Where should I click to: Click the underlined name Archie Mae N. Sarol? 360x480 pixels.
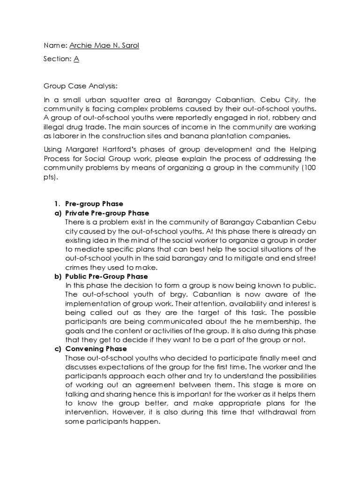click(x=104, y=45)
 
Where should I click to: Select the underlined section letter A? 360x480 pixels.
click(x=76, y=59)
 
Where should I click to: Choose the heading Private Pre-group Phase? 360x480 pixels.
click(x=107, y=213)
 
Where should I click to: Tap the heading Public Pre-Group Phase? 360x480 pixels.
click(x=106, y=277)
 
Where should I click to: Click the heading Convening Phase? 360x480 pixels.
click(x=96, y=349)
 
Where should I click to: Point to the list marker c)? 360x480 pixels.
click(x=58, y=349)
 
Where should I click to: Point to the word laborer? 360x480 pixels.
click(x=64, y=136)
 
